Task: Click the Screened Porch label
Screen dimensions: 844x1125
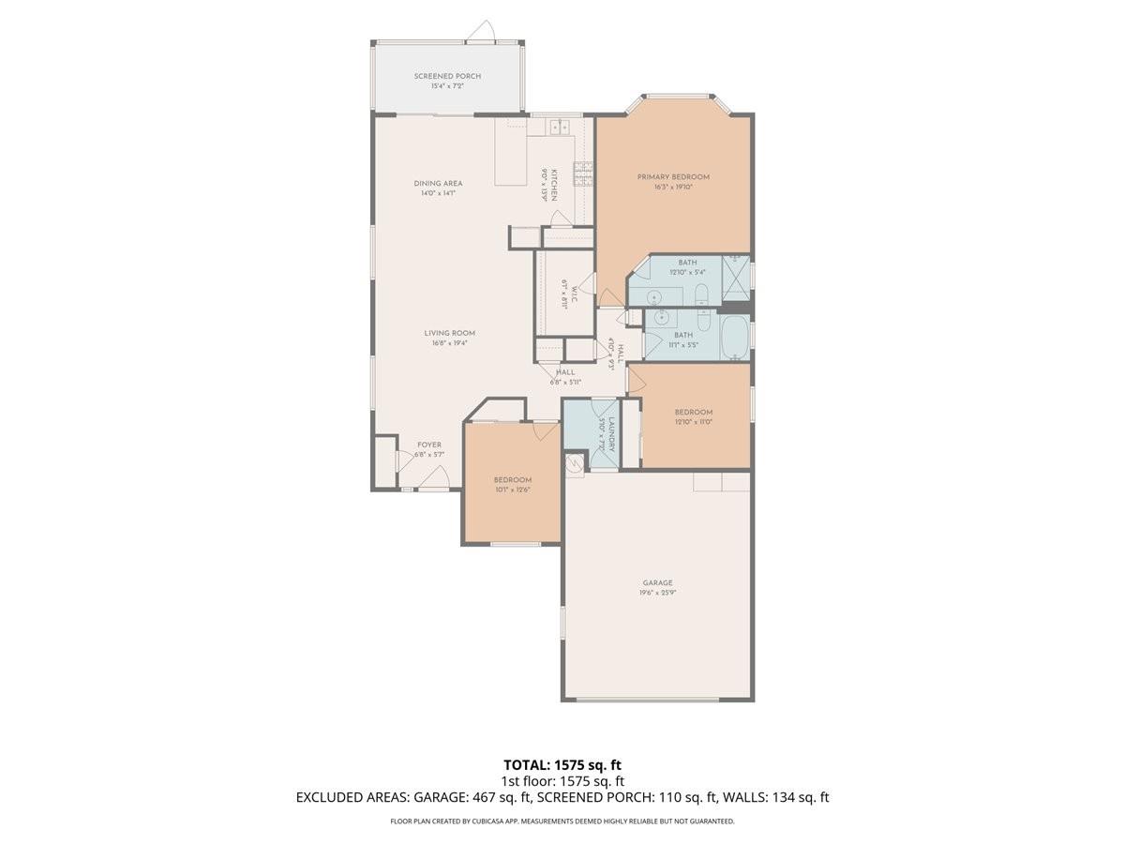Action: [x=447, y=76]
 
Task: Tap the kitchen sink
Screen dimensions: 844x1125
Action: [x=561, y=128]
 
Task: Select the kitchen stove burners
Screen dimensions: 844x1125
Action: [x=582, y=173]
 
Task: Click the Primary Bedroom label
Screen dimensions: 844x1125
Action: [x=673, y=176]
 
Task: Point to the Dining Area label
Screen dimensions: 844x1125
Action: [x=438, y=183]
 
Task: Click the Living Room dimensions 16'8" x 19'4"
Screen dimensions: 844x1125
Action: [x=449, y=343]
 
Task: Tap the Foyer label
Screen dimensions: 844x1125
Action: [x=428, y=445]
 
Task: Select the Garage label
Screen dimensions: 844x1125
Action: [x=657, y=582]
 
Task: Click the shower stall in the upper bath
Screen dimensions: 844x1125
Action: [x=736, y=273]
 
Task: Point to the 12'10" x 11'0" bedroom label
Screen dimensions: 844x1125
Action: [x=694, y=412]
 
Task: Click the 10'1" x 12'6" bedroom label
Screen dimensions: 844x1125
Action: [x=513, y=480]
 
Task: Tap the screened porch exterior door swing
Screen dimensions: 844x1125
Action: [x=482, y=32]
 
